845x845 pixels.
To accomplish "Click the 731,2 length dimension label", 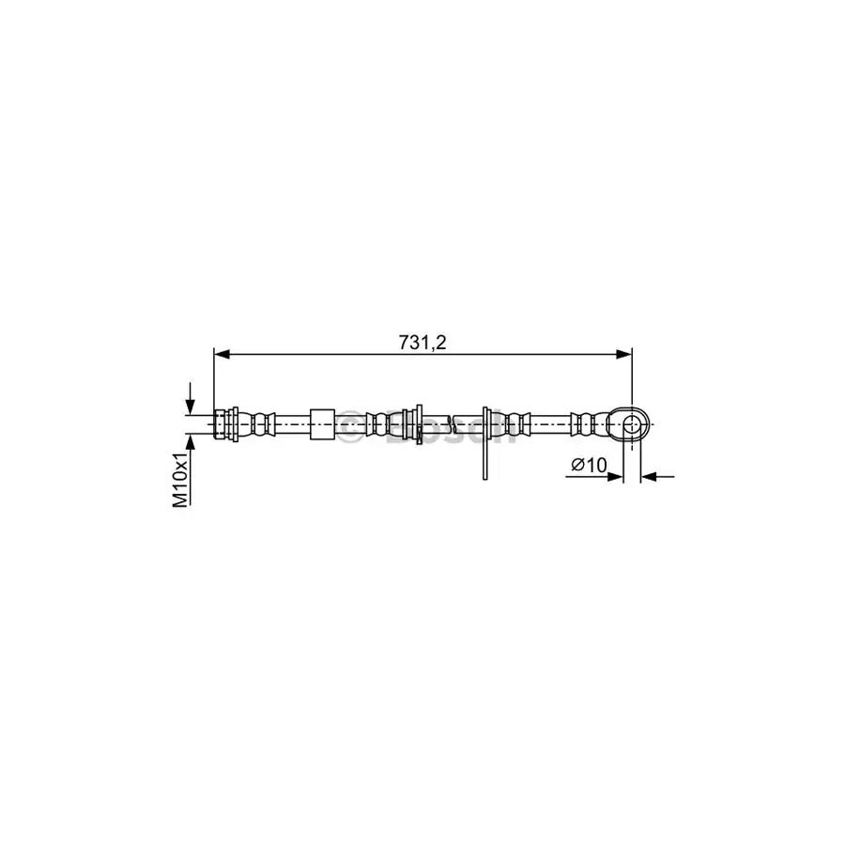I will tap(422, 343).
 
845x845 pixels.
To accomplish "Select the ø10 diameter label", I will tap(589, 464).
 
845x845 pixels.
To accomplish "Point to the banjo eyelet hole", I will tap(632, 424).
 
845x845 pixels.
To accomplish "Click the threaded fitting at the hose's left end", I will tap(224, 424).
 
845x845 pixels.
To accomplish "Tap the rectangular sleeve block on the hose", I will tap(321, 424).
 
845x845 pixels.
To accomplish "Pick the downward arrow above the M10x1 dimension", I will tap(191, 403).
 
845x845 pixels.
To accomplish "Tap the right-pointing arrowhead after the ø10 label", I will tap(616, 477).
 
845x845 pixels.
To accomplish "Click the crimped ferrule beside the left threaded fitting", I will tap(259, 424).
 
